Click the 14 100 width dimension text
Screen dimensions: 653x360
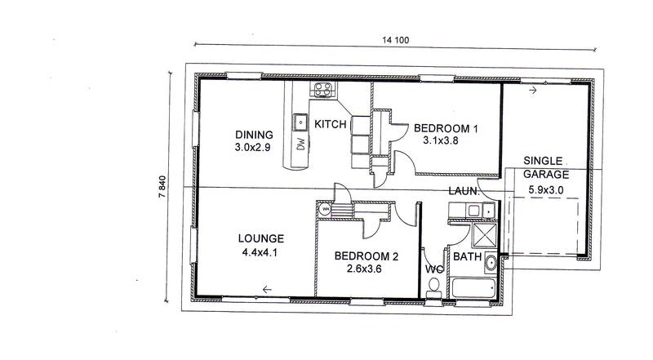tap(396, 40)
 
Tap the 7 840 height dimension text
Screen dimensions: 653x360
tap(162, 187)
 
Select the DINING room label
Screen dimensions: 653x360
tap(254, 135)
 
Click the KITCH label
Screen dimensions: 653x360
tap(331, 124)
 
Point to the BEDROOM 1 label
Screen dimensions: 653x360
tap(446, 128)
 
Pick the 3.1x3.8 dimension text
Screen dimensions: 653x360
tap(441, 141)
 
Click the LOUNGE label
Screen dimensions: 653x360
tap(261, 238)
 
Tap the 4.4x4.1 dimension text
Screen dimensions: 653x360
tap(260, 252)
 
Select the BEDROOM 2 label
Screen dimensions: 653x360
tap(366, 256)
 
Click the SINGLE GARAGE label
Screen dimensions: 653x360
tap(545, 167)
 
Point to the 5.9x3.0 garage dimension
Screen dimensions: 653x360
tap(546, 190)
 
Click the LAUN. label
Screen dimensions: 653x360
tap(464, 191)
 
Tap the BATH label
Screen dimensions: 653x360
tap(467, 256)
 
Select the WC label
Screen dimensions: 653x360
tap(434, 269)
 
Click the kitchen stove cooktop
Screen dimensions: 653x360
tap(323, 89)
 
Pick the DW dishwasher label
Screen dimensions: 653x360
tap(301, 144)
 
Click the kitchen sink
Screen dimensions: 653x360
tap(300, 122)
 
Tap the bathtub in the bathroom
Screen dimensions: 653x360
tap(473, 287)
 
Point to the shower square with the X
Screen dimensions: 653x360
tap(485, 235)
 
